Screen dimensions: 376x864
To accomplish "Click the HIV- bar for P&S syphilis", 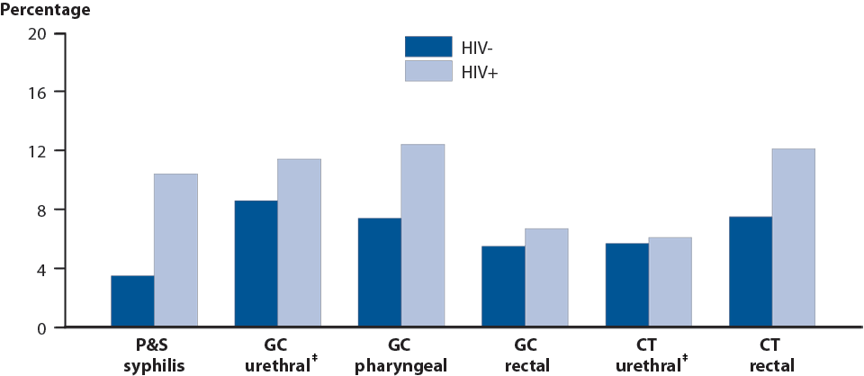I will (x=132, y=301).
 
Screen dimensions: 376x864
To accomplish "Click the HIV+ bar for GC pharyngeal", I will (x=422, y=236).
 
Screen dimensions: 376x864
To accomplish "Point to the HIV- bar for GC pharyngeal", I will (x=379, y=273).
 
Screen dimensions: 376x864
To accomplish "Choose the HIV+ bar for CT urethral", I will (x=670, y=282).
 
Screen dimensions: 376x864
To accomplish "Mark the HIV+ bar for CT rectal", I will (x=793, y=237).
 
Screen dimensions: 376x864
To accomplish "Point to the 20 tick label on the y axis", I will (x=36, y=34).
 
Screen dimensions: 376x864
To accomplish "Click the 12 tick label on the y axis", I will (x=36, y=151).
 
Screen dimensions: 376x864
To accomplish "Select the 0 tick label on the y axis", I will (x=40, y=327).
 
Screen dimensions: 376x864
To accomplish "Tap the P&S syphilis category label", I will (x=154, y=356).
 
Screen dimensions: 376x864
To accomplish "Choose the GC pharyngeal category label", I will (x=400, y=356).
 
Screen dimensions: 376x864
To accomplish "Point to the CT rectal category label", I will (x=771, y=356).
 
